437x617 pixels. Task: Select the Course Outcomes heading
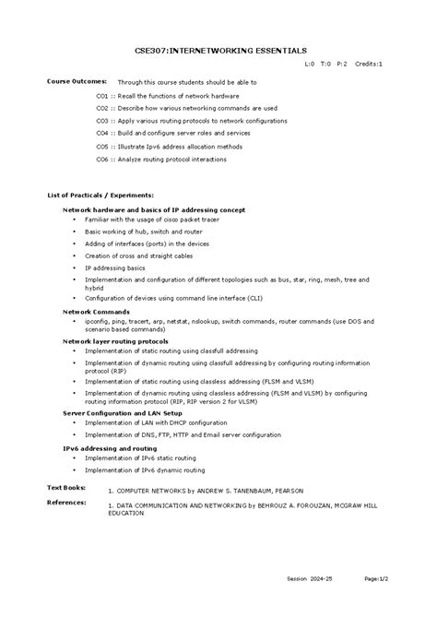pos(77,81)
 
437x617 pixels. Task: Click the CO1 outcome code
pos(102,95)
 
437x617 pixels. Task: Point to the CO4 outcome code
pos(102,133)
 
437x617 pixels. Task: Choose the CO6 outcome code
pos(102,159)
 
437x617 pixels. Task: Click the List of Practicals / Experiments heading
pos(100,196)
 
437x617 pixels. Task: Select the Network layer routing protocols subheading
pos(115,341)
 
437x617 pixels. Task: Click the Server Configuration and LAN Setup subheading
pos(123,413)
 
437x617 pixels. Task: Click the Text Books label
pos(66,486)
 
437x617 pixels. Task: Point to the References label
pos(66,503)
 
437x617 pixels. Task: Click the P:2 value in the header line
pos(342,65)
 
